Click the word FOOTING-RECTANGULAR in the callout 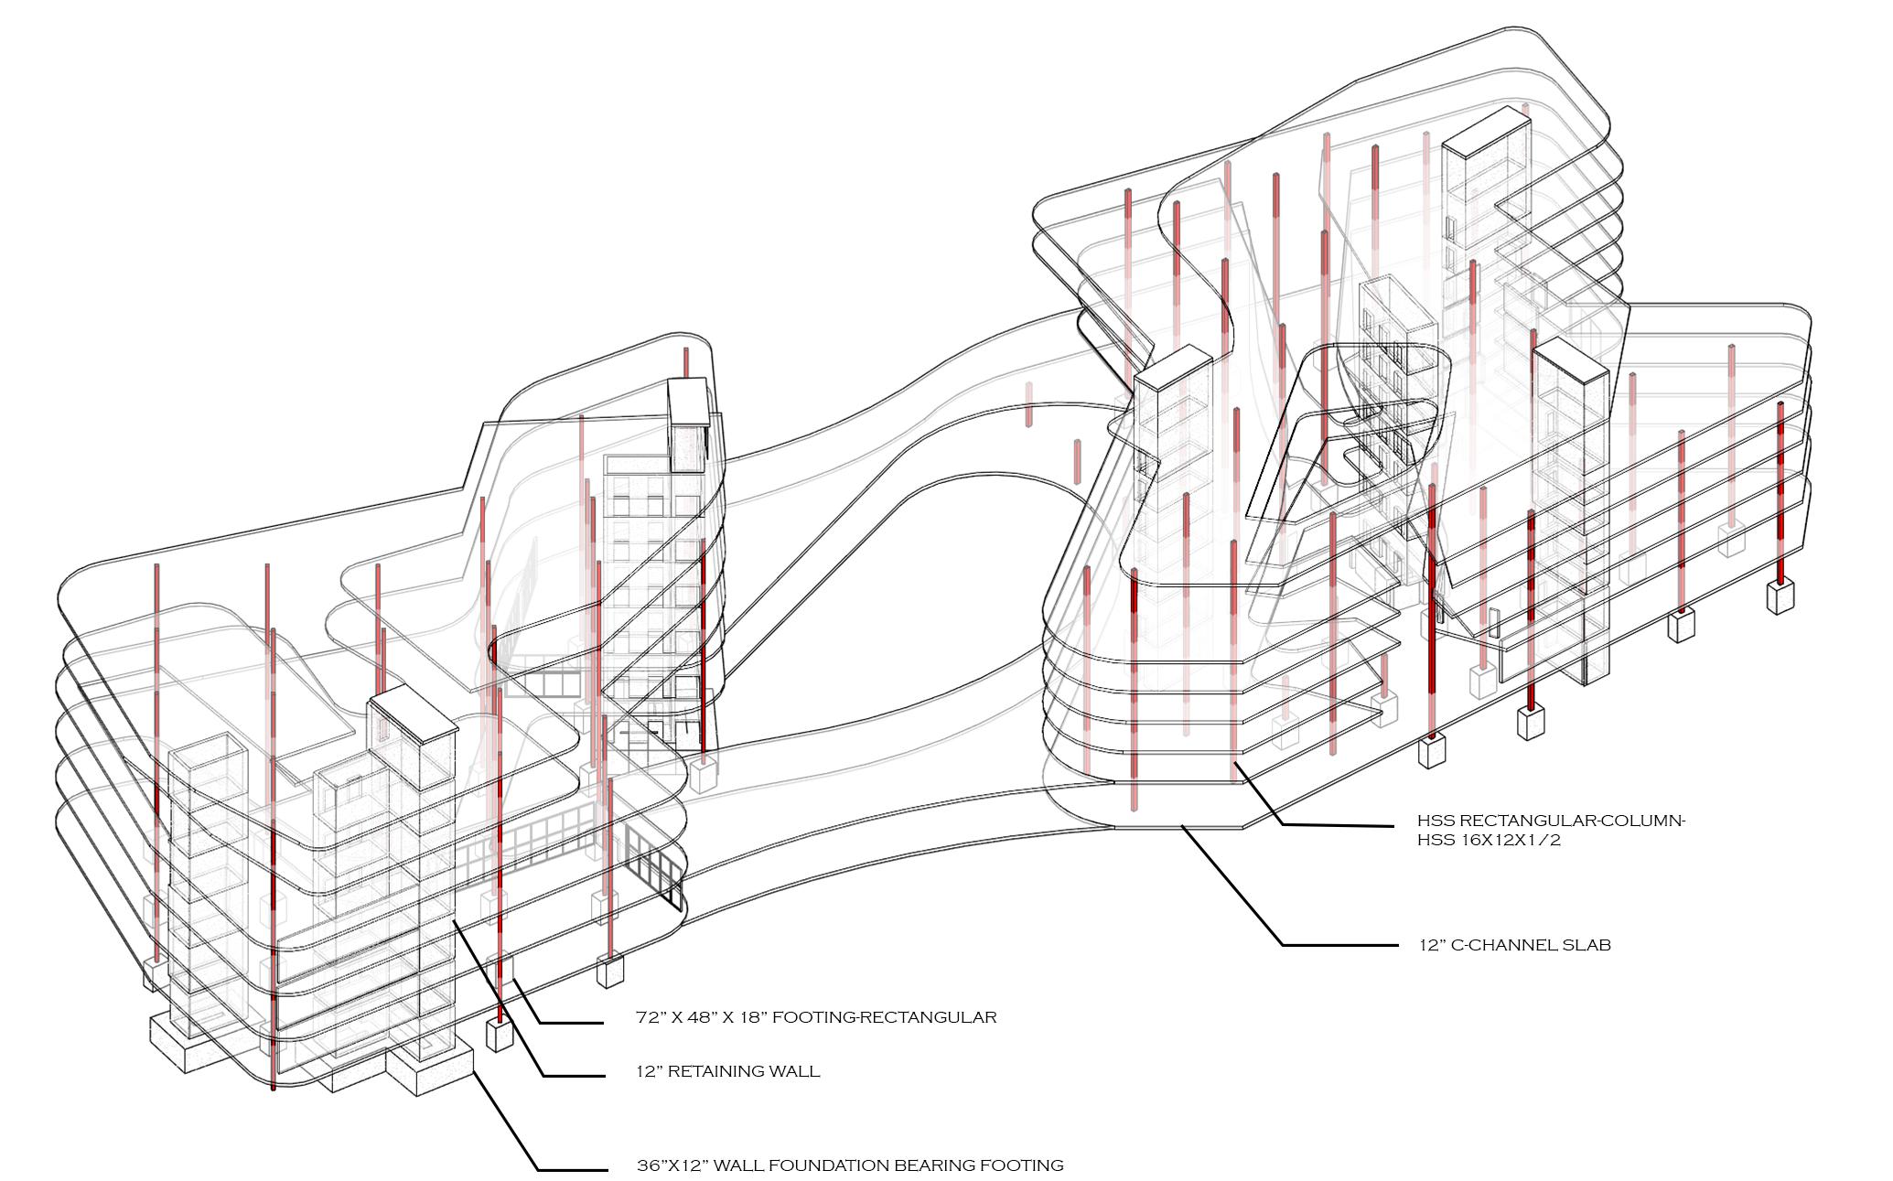click(x=885, y=1017)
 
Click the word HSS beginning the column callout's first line click(x=1433, y=821)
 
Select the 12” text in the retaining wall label click(x=649, y=1071)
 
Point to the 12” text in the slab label click(x=1431, y=945)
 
